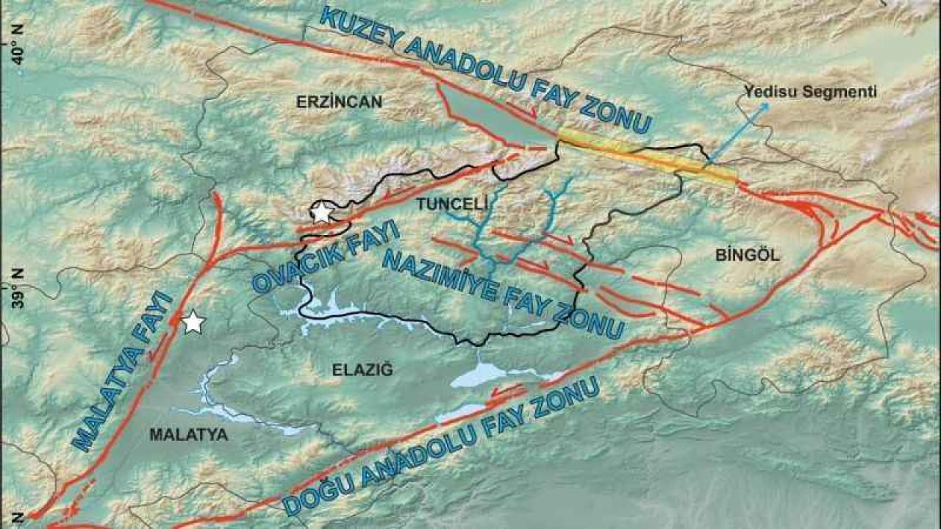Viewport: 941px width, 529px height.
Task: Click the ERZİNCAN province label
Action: pyautogui.click(x=339, y=102)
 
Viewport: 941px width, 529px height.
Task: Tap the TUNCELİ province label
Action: pyautogui.click(x=442, y=204)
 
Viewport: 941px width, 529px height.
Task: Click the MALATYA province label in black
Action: pyautogui.click(x=188, y=434)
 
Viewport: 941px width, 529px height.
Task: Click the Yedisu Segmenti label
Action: pyautogui.click(x=810, y=92)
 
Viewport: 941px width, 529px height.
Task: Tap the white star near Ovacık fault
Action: pyautogui.click(x=321, y=213)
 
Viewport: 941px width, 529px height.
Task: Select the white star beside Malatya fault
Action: pyautogui.click(x=193, y=322)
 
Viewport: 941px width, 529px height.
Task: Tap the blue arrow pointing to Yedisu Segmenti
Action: pyautogui.click(x=739, y=132)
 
